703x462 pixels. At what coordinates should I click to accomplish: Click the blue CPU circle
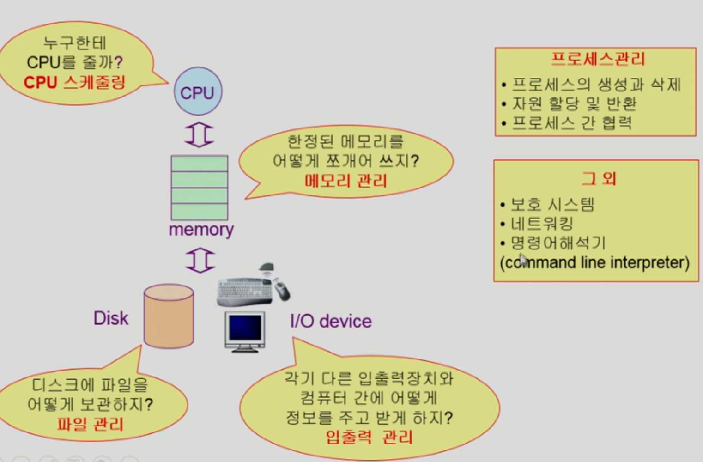tap(198, 91)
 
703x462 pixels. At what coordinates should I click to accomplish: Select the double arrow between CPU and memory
tap(199, 134)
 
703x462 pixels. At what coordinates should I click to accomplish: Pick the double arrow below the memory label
tap(200, 260)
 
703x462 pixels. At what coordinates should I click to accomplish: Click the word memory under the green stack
tap(201, 230)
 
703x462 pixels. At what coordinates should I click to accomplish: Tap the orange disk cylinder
tap(169, 316)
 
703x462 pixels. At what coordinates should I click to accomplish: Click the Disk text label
tap(111, 318)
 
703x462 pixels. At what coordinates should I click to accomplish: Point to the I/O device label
tap(331, 321)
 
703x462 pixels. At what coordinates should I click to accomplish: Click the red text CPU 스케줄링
tap(75, 83)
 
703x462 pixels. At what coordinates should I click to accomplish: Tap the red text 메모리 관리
tap(346, 181)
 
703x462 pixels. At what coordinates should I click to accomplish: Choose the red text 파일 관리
tap(90, 424)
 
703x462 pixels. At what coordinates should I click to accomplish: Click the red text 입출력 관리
tap(369, 437)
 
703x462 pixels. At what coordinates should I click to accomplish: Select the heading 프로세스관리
tap(598, 59)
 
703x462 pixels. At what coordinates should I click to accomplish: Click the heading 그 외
tap(599, 179)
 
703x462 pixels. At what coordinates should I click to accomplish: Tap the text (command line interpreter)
tap(595, 263)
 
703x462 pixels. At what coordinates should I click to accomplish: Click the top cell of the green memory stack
tap(199, 164)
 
